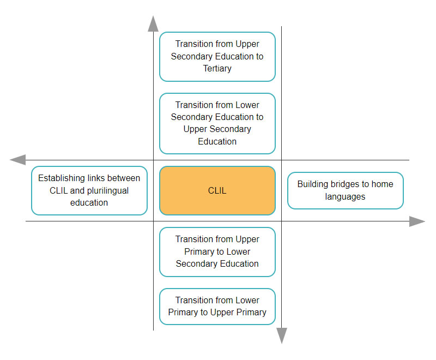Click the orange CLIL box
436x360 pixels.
(x=217, y=190)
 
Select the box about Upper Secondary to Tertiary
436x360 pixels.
(x=217, y=57)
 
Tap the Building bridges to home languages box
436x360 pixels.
(x=346, y=190)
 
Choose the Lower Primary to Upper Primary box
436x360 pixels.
(x=217, y=307)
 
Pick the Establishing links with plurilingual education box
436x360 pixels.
(x=89, y=190)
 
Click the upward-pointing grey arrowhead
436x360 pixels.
(x=153, y=23)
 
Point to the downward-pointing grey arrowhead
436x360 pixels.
(x=282, y=336)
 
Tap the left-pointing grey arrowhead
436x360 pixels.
(x=18, y=160)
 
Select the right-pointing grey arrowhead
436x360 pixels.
(x=417, y=221)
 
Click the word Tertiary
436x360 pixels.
(x=217, y=68)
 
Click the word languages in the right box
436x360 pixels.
(x=345, y=197)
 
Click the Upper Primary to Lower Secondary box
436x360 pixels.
(x=217, y=252)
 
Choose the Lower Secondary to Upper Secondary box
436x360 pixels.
(x=217, y=123)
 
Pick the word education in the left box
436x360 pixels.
(x=89, y=202)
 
